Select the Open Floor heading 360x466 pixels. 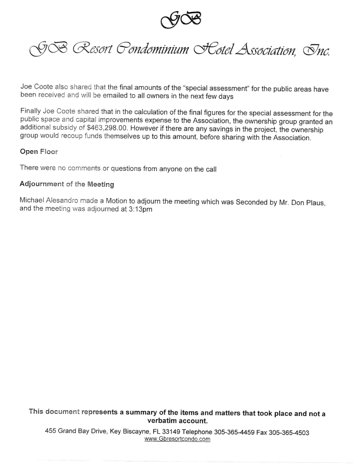pos(39,152)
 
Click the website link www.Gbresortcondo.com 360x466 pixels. pos(177,439)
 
